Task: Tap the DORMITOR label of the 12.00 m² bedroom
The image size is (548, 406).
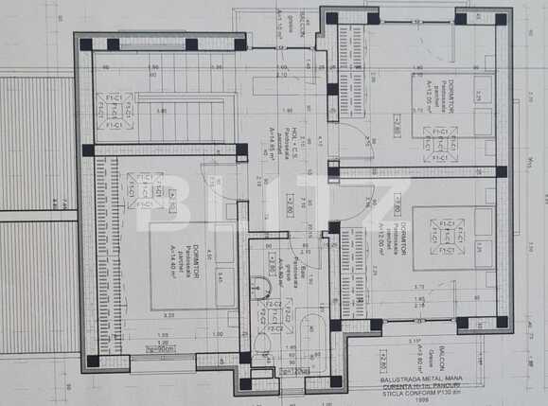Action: (403, 234)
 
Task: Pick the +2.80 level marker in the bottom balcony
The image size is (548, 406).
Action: (383, 360)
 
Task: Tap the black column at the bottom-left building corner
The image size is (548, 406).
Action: (92, 361)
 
